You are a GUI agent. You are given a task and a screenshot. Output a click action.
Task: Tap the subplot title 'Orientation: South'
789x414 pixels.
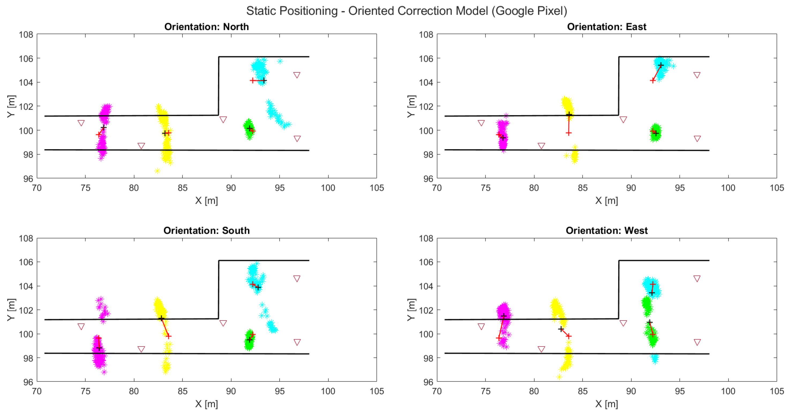click(206, 230)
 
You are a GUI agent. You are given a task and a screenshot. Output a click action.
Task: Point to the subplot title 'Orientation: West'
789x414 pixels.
click(606, 230)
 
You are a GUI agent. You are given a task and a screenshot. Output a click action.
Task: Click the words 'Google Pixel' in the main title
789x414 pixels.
click(529, 11)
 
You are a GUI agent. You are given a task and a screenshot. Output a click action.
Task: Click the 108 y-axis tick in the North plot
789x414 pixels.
click(26, 34)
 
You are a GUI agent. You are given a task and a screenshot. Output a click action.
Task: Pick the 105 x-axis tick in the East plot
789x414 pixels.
click(777, 188)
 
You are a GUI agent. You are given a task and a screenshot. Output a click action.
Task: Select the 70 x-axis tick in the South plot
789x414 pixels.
click(37, 391)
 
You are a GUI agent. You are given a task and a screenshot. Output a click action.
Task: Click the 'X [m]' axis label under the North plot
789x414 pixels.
click(206, 201)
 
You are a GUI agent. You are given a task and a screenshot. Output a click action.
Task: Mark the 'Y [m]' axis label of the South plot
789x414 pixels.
click(11, 309)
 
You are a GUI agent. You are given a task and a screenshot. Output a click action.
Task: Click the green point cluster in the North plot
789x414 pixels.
click(249, 129)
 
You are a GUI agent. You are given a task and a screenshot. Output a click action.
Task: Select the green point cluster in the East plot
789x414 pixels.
click(655, 132)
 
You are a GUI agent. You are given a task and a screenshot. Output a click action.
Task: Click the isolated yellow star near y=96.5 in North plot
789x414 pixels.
click(157, 171)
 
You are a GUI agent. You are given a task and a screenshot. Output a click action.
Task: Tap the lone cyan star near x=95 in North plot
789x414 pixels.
click(280, 61)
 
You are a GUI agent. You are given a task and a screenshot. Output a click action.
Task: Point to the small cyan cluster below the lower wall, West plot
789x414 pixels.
click(655, 358)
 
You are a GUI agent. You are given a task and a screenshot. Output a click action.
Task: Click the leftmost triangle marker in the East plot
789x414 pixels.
click(481, 123)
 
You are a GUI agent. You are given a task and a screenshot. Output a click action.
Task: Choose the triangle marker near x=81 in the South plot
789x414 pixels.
click(141, 349)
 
